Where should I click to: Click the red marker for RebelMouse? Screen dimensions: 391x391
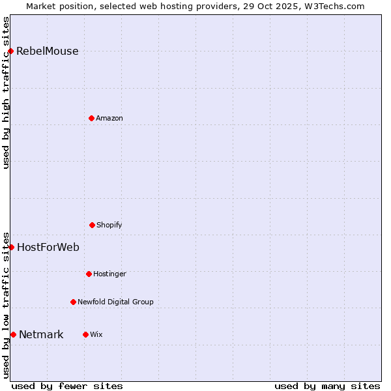click(10, 51)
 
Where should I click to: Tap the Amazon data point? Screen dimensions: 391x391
click(91, 118)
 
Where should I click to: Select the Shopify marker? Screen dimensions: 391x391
click(92, 225)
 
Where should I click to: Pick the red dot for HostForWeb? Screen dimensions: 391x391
click(11, 247)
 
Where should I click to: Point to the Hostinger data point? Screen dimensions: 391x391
click(89, 274)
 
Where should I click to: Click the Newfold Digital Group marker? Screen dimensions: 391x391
click(73, 302)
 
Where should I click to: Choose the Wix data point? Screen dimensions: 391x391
click(85, 334)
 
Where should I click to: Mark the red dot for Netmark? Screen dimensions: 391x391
click(13, 334)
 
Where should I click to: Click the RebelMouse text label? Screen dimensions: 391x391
click(47, 51)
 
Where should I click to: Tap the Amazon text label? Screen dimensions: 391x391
click(109, 118)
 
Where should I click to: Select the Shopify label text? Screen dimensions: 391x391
click(109, 225)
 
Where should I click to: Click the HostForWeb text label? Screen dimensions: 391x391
click(48, 247)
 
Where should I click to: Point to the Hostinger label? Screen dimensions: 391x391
click(109, 274)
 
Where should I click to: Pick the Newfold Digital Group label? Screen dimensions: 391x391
click(115, 302)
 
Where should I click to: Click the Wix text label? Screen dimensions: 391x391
click(96, 334)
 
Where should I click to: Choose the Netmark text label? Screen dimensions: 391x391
click(41, 335)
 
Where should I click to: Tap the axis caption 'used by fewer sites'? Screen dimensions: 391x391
click(67, 386)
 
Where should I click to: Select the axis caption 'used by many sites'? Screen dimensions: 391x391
click(327, 386)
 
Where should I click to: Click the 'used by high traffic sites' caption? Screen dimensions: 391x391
click(6, 93)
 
